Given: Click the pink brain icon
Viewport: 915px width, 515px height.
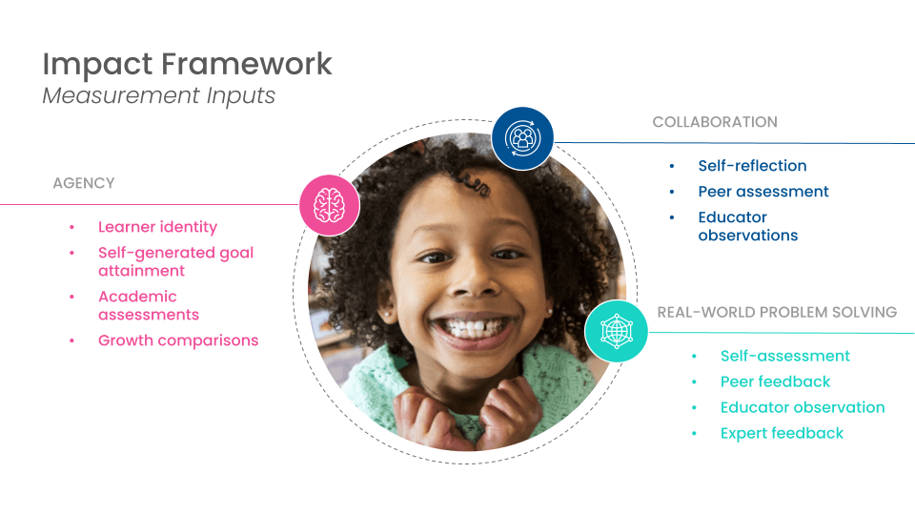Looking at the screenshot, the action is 330,205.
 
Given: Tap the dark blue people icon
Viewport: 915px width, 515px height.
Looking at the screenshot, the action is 522,138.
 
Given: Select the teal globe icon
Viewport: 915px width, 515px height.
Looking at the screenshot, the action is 617,331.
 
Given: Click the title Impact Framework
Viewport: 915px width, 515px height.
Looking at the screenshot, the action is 188,64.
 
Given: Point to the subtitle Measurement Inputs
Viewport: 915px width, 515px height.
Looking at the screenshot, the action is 159,95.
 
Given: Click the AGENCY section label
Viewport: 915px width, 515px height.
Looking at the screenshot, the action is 84,183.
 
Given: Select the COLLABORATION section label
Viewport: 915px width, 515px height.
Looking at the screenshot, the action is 715,122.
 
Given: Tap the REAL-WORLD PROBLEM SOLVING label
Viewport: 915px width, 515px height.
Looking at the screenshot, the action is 777,313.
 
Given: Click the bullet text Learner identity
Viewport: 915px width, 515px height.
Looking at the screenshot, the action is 157,227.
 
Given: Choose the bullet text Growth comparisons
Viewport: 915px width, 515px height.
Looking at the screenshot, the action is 178,340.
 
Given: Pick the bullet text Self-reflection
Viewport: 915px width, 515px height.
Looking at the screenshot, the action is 752,166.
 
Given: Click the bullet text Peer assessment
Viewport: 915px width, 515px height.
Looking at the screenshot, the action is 763,192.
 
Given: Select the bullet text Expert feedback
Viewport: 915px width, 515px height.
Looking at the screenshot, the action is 782,433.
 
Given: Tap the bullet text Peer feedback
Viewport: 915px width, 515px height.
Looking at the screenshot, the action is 775,381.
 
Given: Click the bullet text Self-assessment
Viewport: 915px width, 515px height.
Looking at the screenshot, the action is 784,356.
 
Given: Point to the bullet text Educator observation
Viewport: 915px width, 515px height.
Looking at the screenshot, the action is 803,407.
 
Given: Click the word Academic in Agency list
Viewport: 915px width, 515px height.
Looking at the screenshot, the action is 137,297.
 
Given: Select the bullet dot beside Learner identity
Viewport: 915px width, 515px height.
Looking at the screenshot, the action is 71,227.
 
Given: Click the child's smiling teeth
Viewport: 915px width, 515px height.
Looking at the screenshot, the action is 475,327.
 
